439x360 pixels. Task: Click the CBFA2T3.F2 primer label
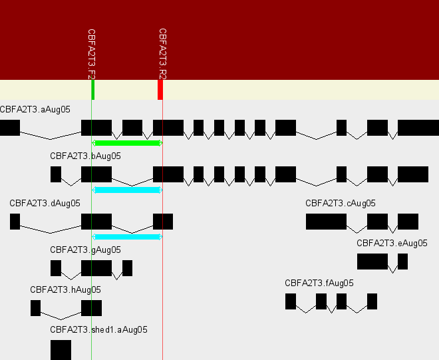coord(92,53)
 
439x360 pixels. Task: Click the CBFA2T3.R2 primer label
coord(162,53)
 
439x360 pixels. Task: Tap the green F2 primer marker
coord(92,90)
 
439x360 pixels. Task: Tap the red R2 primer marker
coord(160,90)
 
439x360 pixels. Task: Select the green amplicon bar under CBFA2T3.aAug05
coord(127,142)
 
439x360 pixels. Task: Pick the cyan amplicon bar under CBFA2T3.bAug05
coord(127,190)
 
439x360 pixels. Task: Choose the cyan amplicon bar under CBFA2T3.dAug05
coord(127,236)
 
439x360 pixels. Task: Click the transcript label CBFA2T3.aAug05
coord(35,109)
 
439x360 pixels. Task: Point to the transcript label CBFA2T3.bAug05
coord(85,156)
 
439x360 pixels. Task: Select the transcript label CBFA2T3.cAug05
coord(341,203)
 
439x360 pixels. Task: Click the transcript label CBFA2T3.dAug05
coord(45,203)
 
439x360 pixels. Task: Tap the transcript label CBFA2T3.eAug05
coord(392,243)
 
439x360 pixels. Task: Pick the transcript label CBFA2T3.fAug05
coord(319,283)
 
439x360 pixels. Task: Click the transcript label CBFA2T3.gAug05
coord(85,250)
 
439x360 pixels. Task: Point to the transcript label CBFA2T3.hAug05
coord(65,289)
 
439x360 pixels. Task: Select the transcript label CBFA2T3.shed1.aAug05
coord(98,329)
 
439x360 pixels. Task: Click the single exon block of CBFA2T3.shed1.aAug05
coord(61,349)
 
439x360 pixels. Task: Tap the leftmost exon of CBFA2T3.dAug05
coord(15,222)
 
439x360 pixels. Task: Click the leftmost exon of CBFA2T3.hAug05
coord(35,308)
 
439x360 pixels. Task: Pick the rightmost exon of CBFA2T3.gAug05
coord(127,268)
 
